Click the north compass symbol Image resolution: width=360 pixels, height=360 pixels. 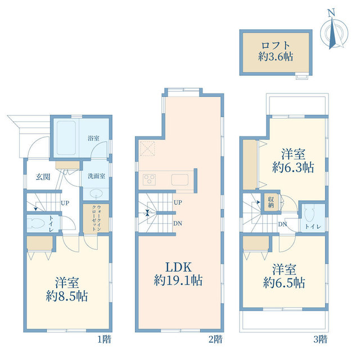(x=334, y=31)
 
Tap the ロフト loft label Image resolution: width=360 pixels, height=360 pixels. (x=276, y=45)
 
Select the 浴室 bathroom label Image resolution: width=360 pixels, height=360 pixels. (x=93, y=138)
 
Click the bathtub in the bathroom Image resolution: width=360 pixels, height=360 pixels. (x=66, y=138)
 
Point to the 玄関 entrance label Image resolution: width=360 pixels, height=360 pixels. (x=43, y=177)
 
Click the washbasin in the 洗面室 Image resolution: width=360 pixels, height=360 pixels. (x=96, y=193)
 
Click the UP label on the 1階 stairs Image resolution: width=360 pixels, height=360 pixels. (x=65, y=203)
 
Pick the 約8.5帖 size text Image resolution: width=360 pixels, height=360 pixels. (x=67, y=296)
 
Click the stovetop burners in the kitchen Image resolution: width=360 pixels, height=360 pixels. (x=149, y=179)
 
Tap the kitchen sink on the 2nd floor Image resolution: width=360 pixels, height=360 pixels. (x=179, y=179)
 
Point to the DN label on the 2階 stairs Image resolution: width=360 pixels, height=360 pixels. (x=178, y=223)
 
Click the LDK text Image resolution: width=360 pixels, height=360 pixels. (x=178, y=267)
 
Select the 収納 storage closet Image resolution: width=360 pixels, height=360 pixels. (x=271, y=202)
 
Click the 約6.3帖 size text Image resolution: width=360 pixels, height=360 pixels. (x=293, y=168)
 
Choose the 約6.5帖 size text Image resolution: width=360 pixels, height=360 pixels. (x=284, y=282)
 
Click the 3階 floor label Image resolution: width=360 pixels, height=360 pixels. (x=321, y=339)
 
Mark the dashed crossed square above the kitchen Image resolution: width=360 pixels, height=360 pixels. (x=147, y=148)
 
